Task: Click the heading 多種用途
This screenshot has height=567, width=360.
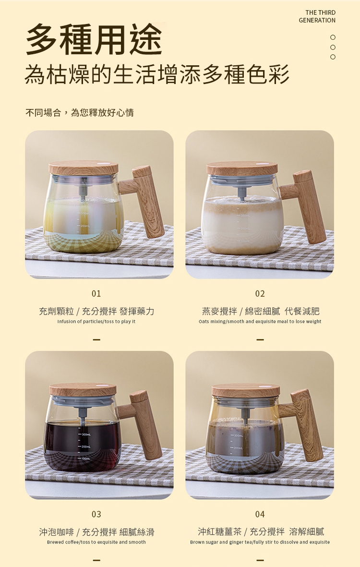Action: tap(95, 40)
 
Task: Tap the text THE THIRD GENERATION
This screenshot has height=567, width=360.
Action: tap(317, 17)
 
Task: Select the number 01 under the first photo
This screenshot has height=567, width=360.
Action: tap(96, 294)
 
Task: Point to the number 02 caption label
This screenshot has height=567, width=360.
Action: tap(260, 294)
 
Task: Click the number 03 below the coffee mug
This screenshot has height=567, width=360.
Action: tap(96, 514)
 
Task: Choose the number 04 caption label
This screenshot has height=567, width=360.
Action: tap(260, 514)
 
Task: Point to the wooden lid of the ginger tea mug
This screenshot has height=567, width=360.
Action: tap(246, 390)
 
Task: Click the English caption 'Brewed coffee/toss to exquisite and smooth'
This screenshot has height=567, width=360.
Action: tap(96, 542)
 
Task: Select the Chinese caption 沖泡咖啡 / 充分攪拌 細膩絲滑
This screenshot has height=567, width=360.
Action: tap(96, 532)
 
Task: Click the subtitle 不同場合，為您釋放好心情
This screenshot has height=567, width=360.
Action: tap(80, 113)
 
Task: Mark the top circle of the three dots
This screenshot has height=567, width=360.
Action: tap(333, 37)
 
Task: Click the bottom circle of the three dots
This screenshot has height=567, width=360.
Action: tap(333, 57)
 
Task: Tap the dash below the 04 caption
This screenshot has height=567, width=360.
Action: tap(260, 560)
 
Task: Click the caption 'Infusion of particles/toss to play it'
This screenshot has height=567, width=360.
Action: tap(96, 322)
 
